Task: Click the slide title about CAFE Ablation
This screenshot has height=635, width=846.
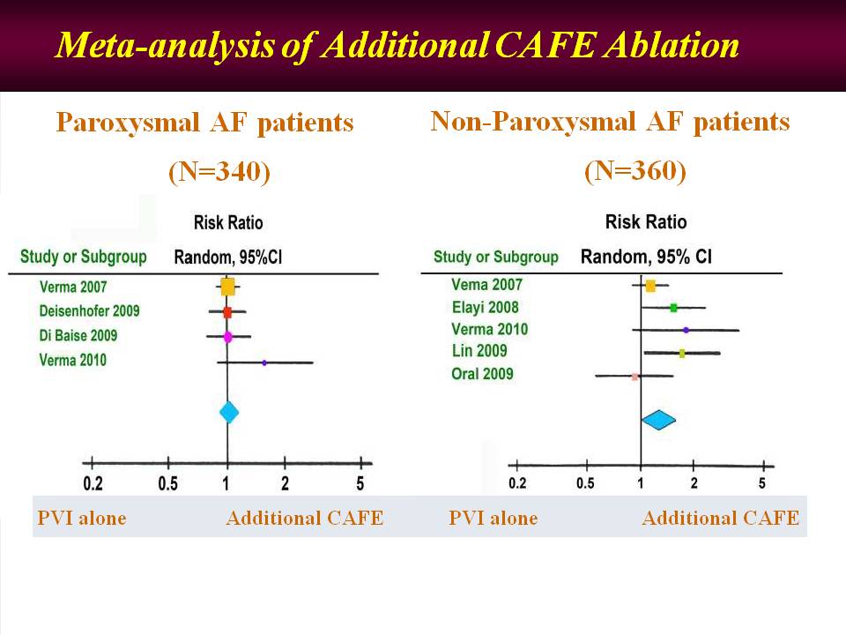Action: (397, 46)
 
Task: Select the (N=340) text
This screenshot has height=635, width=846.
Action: (219, 173)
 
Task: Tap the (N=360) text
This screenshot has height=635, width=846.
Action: (634, 171)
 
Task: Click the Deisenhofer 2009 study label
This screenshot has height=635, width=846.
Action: (89, 311)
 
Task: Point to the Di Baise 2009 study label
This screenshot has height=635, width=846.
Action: (78, 336)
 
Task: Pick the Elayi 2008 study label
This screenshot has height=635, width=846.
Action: (485, 308)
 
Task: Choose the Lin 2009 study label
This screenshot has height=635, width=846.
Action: (479, 351)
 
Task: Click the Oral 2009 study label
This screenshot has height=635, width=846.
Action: (482, 374)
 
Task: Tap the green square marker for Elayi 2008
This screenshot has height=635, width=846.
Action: (673, 308)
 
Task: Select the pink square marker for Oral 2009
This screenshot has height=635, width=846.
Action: (634, 377)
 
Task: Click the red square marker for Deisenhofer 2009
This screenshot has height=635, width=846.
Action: (227, 312)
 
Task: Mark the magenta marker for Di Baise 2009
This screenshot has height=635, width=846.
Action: (227, 336)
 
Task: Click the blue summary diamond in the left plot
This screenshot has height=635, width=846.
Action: (228, 412)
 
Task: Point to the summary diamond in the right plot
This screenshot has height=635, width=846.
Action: (658, 421)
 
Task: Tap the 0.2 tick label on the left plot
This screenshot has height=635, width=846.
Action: (93, 483)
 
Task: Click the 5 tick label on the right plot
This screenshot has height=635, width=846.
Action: (762, 483)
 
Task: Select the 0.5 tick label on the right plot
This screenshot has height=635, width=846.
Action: (585, 483)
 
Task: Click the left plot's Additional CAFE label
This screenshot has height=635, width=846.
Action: (304, 518)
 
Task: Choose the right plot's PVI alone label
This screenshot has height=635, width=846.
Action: (493, 518)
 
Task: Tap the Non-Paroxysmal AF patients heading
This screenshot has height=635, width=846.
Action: (610, 122)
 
